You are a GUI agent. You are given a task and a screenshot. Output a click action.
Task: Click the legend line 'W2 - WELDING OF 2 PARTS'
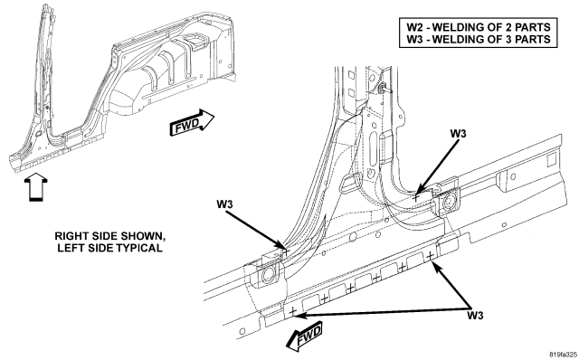coord(479,27)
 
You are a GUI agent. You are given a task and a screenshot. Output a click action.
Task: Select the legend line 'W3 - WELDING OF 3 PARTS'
coord(479,39)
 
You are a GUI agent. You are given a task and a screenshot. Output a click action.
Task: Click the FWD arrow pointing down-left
coord(305,337)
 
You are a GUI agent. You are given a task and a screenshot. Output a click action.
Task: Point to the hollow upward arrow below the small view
coord(36,187)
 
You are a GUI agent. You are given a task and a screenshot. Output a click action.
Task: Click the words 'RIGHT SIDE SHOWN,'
coord(108,236)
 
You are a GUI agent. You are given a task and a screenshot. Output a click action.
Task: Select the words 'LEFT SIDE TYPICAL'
coord(109,248)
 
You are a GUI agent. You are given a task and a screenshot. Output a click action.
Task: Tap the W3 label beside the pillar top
coord(458,133)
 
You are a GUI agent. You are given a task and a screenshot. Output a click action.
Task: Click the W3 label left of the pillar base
coord(224,204)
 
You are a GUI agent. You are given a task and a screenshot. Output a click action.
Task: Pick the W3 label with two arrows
coord(475,316)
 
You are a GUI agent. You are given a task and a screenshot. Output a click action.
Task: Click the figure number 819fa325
coord(563,355)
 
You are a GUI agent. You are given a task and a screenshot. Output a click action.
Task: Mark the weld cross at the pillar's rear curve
coord(416,197)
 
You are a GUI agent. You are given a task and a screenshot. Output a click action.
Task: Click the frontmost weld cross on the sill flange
coord(292,312)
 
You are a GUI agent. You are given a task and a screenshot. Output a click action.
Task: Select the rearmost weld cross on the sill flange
coord(430,255)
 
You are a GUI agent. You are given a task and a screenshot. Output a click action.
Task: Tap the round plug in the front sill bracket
coord(268,274)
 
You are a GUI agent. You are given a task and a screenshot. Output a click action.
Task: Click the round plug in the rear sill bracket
coord(449,201)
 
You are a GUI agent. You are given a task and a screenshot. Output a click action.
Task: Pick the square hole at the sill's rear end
coord(551,159)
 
